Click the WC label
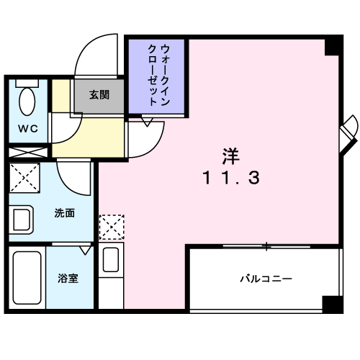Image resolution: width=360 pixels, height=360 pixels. coord(28,129)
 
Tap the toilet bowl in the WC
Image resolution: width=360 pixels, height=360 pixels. coord(27,102)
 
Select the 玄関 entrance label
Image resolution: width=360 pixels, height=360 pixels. coord(99,95)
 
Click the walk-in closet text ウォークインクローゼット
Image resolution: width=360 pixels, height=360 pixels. coord(158,75)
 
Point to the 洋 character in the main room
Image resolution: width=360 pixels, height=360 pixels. coord(231,156)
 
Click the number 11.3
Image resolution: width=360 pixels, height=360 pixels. coord(231,178)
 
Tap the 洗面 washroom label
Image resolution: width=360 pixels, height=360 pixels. coord(65,213)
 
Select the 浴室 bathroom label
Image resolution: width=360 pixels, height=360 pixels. coord(68,278)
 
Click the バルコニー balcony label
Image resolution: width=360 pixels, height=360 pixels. coord(266,279)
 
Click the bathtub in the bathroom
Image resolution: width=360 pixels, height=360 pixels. coord(27,277)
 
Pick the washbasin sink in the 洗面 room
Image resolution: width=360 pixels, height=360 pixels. coord(21,220)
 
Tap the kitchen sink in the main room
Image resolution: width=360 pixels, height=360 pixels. coord(111,260)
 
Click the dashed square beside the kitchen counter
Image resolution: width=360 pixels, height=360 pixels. coord(112,227)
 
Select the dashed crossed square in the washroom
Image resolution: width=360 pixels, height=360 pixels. coord(24,178)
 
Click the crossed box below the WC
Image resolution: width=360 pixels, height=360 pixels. coord(28,153)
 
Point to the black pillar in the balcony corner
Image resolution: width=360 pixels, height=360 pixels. coord(332,304)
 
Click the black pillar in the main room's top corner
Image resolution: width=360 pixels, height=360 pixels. coord(333,47)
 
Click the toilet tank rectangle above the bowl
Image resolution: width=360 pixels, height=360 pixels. coord(27,84)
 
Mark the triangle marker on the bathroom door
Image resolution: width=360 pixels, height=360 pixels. coord(85,251)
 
